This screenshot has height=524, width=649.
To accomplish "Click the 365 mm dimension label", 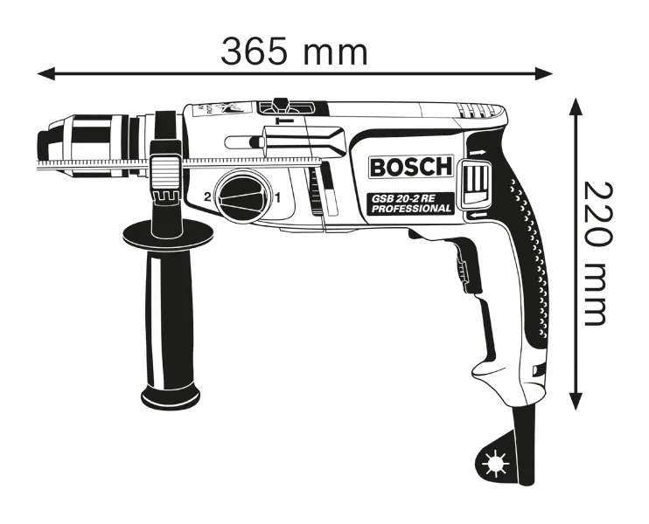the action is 294,52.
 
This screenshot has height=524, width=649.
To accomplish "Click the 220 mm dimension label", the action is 596,253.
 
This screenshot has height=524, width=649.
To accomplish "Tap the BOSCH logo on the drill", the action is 411,167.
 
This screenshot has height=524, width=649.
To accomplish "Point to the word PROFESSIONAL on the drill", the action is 411,208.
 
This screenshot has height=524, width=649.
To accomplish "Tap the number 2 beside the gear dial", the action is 208,196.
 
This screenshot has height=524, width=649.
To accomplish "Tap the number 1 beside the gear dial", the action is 278,198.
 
